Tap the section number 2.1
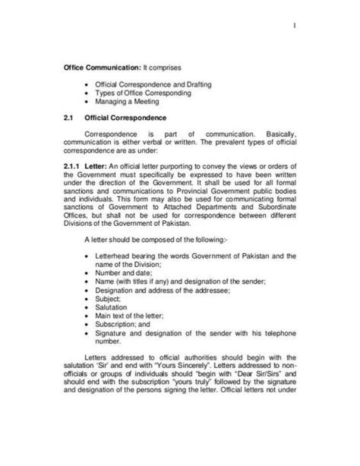(68, 119)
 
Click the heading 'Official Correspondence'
(125, 119)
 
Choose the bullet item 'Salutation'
(111, 307)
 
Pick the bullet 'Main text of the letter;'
(129, 316)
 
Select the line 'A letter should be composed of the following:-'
(149, 240)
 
